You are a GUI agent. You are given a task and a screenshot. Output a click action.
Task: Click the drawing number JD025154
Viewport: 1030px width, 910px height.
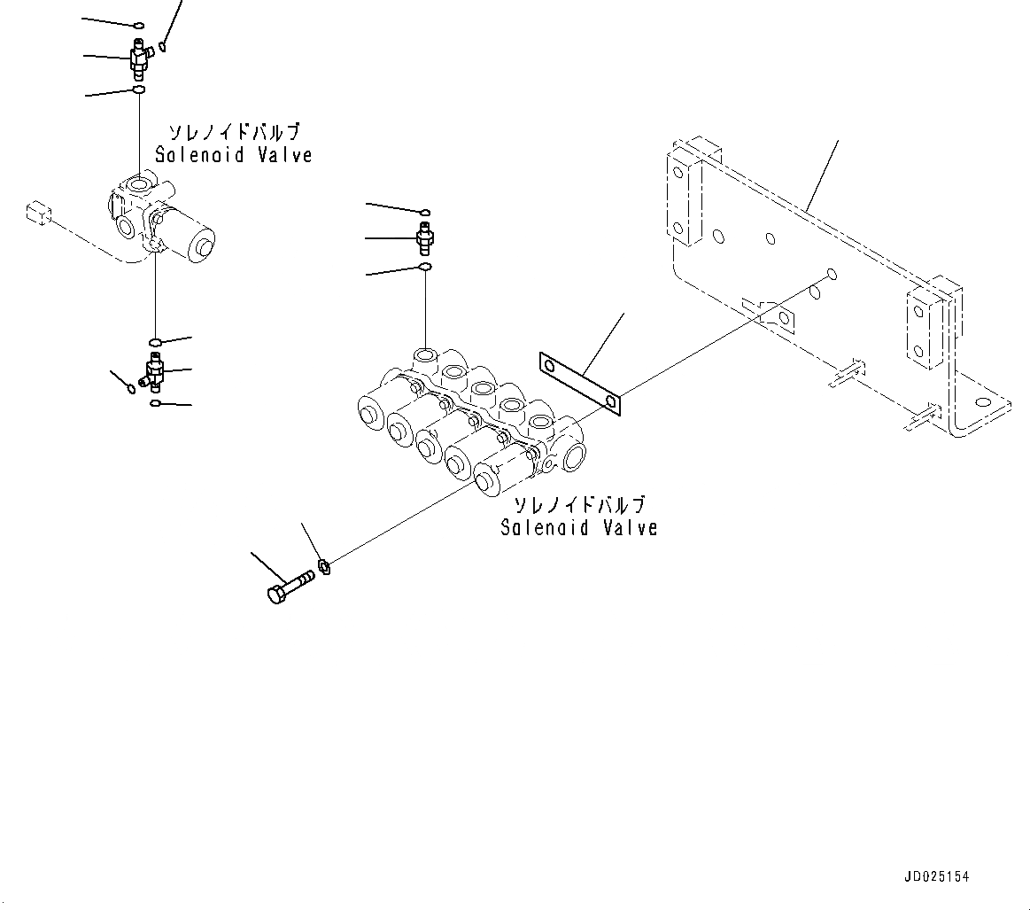pos(937,876)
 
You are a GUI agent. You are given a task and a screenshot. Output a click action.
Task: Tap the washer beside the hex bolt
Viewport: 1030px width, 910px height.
pos(323,565)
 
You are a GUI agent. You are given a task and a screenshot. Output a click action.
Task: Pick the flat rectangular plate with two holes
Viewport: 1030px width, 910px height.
pos(580,382)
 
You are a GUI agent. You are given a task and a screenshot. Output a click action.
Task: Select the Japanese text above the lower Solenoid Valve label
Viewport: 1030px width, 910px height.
pos(580,506)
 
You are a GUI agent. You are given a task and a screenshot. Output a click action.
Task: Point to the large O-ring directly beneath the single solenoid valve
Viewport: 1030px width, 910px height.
pos(156,343)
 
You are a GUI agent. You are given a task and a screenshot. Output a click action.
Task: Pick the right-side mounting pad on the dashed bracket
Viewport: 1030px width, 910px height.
pos(921,326)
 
